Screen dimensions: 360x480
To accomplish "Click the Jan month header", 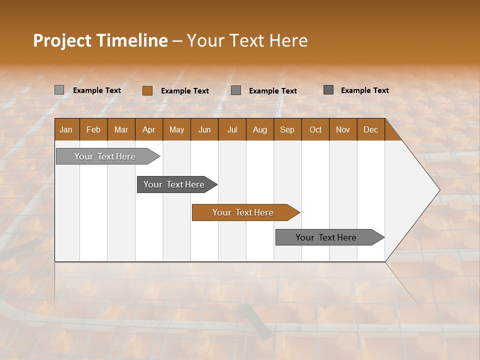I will pyautogui.click(x=66, y=129).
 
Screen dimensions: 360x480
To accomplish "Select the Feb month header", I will pyautogui.click(x=93, y=129).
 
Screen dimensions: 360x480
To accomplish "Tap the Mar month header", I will pyautogui.click(x=121, y=129).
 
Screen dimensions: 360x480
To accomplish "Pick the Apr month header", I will pyautogui.click(x=149, y=129).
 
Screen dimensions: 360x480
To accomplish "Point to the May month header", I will pyautogui.click(x=176, y=129).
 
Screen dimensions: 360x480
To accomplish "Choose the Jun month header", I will pyautogui.click(x=204, y=129).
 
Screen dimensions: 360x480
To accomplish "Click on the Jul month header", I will pyautogui.click(x=232, y=129).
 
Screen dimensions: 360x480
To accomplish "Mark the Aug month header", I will pyautogui.click(x=260, y=129).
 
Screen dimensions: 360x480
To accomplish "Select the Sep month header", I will pyautogui.click(x=287, y=129).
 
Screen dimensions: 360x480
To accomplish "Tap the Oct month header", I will pyautogui.click(x=315, y=129).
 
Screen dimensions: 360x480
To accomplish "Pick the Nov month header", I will pyautogui.click(x=343, y=129).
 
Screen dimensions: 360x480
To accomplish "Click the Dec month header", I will pyautogui.click(x=370, y=129).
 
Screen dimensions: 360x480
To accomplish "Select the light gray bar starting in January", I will pyautogui.click(x=105, y=156).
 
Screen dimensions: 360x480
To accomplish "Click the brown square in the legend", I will pyautogui.click(x=147, y=90).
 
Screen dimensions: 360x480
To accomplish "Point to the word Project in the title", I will pyautogui.click(x=62, y=40).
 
